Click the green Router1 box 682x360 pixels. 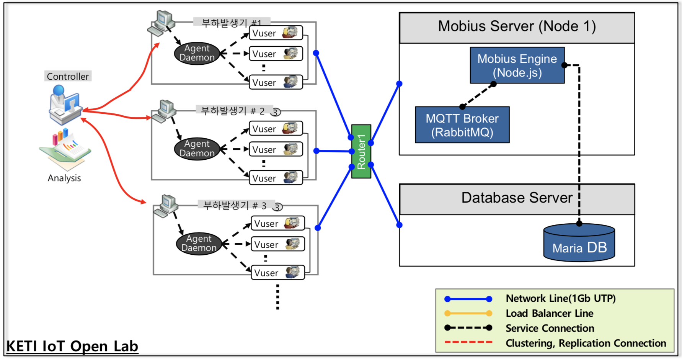361,151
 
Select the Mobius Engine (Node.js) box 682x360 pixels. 517,65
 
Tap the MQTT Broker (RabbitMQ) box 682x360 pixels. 462,125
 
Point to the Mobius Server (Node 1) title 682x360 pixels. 517,26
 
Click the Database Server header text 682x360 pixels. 517,198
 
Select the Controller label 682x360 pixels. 68,76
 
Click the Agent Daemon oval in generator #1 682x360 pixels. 197,53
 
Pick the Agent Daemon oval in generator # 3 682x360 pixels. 199,244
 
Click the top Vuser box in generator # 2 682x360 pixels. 276,129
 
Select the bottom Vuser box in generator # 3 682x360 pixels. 277,273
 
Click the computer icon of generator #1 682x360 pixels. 162,23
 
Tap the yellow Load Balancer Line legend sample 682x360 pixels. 468,313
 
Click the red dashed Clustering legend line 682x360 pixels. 468,342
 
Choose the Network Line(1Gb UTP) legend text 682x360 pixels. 560,298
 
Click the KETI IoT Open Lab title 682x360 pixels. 72,346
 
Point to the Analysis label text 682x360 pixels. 64,178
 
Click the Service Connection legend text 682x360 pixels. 550,328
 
